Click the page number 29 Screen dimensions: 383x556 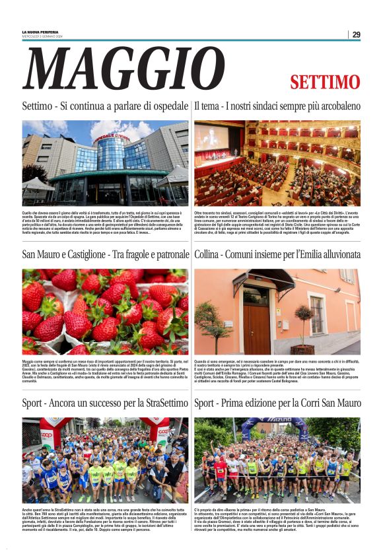coord(356,34)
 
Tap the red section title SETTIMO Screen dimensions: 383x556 coord(324,83)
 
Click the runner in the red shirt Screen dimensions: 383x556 coord(221,470)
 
